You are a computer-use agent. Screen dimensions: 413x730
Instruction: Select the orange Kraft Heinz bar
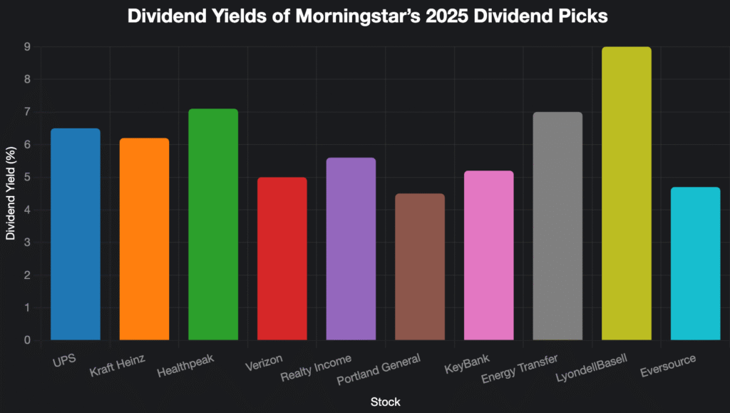coord(144,239)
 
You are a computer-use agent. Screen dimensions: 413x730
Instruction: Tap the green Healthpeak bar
coord(213,225)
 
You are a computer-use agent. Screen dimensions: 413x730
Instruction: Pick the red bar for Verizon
coord(282,258)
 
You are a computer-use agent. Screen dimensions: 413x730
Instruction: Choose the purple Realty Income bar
coord(351,249)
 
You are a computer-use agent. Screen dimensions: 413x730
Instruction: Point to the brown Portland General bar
coord(420,267)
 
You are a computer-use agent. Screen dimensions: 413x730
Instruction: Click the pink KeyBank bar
coord(488,255)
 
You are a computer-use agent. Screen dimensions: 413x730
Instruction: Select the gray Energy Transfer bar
coord(557,226)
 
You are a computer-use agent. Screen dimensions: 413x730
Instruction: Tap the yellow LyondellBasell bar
coord(627,193)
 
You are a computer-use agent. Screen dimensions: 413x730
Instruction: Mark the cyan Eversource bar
coord(695,263)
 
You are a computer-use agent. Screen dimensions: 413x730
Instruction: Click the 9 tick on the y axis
coord(27,47)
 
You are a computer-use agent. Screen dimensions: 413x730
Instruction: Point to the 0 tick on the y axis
coord(27,340)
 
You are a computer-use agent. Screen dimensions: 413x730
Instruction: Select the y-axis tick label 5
coord(27,178)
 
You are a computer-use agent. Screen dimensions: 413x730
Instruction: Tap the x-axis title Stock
coord(385,402)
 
